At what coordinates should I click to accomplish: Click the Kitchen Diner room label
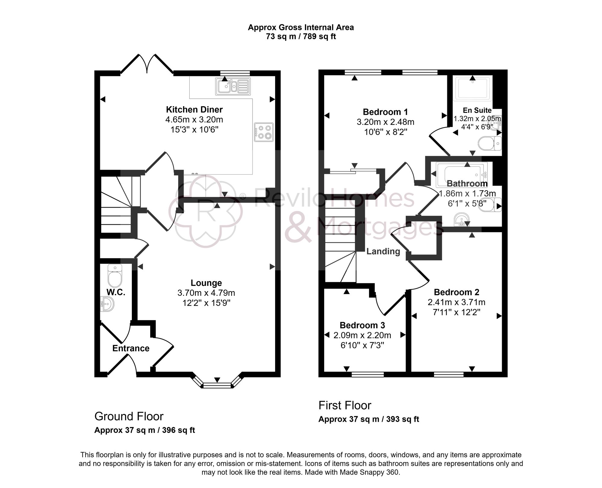194,109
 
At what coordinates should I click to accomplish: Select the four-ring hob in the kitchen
264,132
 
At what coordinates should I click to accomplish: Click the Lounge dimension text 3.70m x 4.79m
206,293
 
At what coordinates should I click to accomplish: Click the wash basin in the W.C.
107,303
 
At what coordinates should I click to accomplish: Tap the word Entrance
131,348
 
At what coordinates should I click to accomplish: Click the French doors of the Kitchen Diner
147,65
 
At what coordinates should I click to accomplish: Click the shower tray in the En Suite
473,88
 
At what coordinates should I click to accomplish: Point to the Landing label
383,251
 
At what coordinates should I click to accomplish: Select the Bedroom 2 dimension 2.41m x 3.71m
456,302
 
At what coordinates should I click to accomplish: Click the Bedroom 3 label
362,325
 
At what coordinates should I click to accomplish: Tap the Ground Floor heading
129,416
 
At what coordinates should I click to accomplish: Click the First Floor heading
345,406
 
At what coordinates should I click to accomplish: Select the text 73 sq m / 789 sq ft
301,37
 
